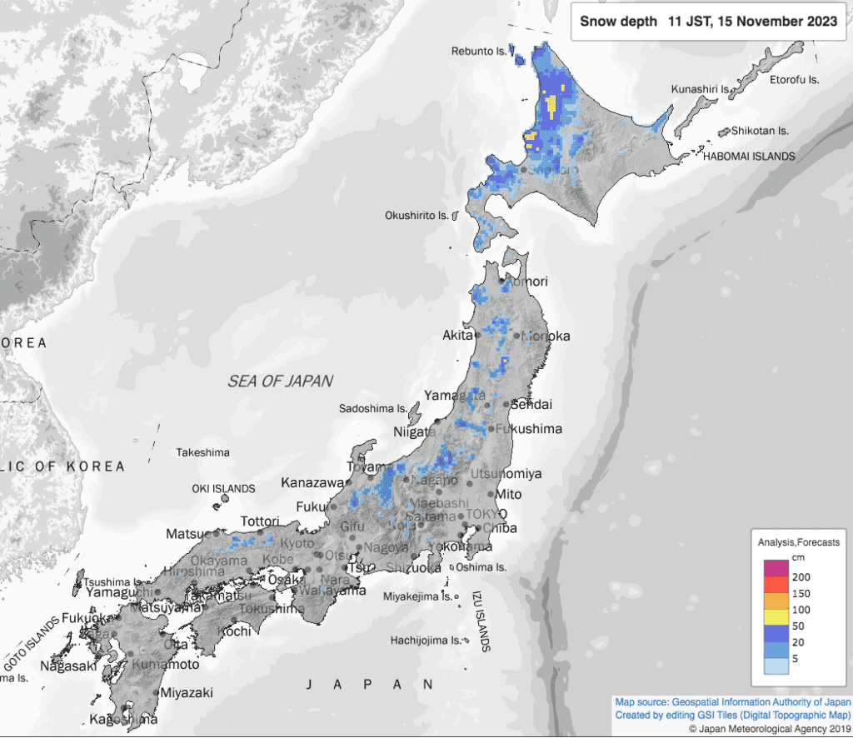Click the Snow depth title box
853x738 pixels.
708,22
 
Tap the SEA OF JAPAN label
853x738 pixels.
281,381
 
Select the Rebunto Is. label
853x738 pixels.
479,51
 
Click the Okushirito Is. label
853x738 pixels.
417,215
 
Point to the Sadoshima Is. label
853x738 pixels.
373,408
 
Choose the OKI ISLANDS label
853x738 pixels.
222,488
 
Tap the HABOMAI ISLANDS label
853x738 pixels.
748,156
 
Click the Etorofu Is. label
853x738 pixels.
795,80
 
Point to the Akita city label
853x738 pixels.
457,337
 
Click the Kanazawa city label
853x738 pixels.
312,482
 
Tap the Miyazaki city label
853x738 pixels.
187,692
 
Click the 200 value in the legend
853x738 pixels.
801,576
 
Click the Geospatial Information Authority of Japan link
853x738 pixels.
756,701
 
